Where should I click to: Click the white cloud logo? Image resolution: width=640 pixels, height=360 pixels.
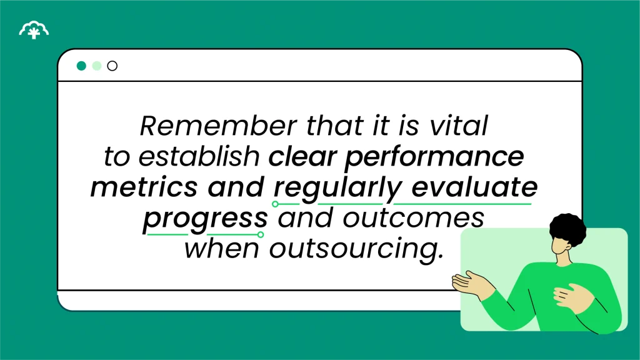click(34, 29)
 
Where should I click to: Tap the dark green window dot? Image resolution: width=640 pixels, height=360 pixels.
click(81, 66)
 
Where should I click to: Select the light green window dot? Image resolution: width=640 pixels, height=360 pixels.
click(96, 66)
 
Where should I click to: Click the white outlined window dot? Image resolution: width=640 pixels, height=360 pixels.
click(112, 66)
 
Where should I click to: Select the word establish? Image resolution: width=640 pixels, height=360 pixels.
click(199, 157)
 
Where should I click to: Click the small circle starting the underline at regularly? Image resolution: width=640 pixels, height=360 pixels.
click(275, 204)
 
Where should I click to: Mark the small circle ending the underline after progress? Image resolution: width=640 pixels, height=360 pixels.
click(261, 234)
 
